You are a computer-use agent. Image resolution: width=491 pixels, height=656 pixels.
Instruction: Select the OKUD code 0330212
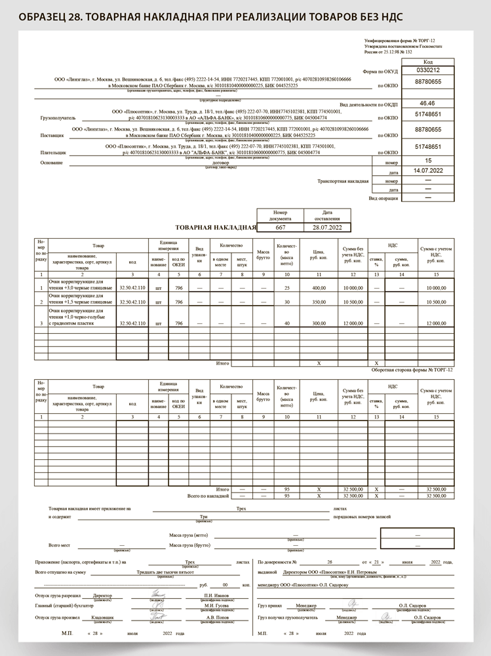click(x=428, y=70)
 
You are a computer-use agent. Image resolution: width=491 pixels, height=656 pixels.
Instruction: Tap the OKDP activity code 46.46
click(x=427, y=104)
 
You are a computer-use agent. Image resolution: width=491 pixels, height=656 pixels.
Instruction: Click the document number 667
click(x=280, y=227)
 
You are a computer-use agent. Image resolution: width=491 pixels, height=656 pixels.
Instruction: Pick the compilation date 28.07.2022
click(x=326, y=227)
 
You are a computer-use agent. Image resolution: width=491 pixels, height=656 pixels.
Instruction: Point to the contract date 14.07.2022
click(x=428, y=171)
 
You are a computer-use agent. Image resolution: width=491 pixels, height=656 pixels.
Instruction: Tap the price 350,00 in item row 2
click(x=319, y=302)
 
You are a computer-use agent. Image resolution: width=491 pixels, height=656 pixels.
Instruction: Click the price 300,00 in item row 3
click(x=319, y=323)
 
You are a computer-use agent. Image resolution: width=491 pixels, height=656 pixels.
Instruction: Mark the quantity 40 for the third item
click(x=286, y=323)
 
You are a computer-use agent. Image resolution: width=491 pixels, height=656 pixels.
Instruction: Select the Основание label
click(x=52, y=162)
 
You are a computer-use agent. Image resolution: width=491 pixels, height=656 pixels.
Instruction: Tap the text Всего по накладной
click(x=208, y=496)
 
